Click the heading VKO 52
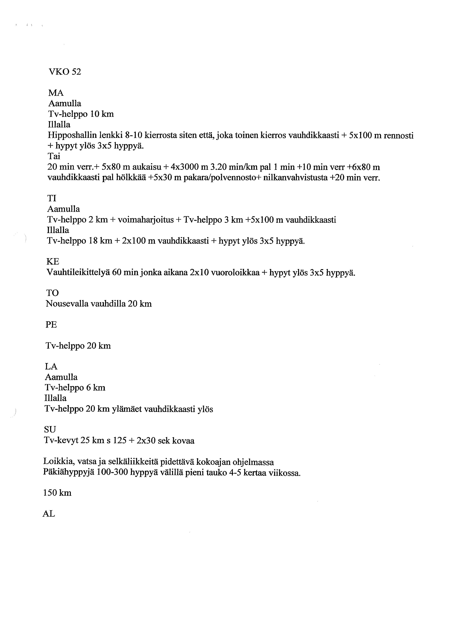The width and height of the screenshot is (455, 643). click(65, 72)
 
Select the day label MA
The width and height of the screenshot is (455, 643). click(56, 93)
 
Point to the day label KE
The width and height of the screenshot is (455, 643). click(53, 262)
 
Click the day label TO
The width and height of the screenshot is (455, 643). click(52, 293)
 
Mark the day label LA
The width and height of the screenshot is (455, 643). click(51, 366)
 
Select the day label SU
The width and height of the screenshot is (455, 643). click(50, 429)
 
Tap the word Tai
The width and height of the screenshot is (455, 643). click(54, 156)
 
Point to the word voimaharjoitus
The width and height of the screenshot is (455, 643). click(146, 220)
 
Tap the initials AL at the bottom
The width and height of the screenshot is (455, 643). click(49, 514)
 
